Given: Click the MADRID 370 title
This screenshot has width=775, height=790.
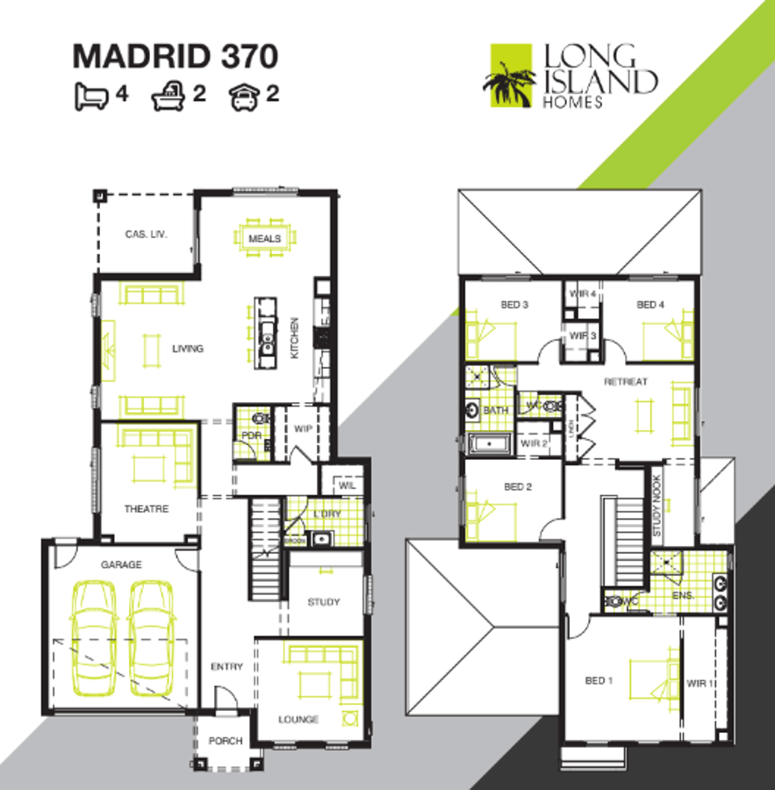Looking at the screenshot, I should pos(176,56).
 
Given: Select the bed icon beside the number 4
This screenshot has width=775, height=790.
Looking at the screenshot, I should pos(91,95).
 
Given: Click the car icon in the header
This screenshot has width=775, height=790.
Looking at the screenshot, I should pos(245,95).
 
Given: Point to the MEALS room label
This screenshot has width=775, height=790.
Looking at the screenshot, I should pos(264,238).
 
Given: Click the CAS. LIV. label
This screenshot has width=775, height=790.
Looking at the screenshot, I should pos(146,234).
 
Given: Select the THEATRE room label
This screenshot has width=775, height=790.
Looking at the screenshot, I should pos(146,509).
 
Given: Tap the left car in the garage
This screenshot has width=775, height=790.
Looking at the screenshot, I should pos(93,635).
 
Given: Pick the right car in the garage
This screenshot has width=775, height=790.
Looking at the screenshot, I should pos(153,635).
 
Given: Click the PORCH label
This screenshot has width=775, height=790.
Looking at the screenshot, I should pos(226,741).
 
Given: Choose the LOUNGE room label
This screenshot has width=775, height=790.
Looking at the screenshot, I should pos(298,720).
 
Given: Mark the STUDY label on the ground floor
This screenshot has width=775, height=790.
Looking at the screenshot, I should pos(323,602).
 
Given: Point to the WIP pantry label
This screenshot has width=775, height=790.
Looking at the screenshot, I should pos(304,428).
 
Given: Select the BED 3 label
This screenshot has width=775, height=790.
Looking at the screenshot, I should pos(514,305).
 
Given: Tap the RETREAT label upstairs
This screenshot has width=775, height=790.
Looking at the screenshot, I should pos(626,382).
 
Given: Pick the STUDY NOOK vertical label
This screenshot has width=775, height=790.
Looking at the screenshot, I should pos(656,506).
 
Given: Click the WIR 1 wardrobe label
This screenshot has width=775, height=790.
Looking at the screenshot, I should pos(700,682).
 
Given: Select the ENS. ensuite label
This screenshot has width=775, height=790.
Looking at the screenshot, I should pos(685,595).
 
